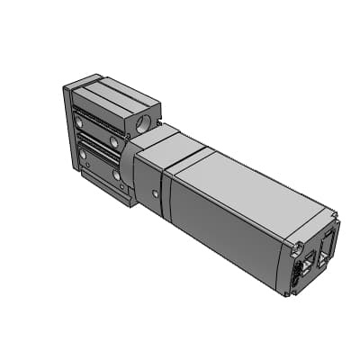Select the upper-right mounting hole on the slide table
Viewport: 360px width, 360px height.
[x=114, y=141]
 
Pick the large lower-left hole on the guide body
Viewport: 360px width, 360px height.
[x=84, y=155]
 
